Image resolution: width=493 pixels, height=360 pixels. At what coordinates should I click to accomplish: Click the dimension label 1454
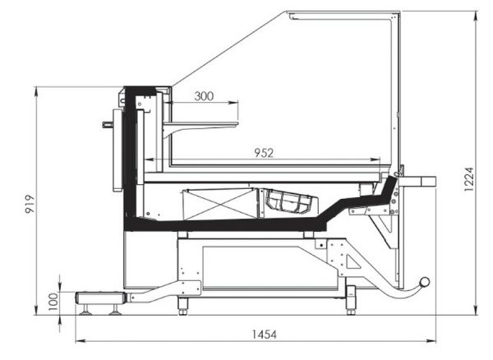(265, 335)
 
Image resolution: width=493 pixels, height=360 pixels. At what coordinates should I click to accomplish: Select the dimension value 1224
(469, 179)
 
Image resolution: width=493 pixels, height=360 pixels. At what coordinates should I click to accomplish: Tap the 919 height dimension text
(30, 204)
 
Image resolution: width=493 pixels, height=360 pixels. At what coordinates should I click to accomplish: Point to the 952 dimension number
(264, 153)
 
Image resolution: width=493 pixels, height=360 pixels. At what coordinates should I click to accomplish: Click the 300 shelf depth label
(204, 96)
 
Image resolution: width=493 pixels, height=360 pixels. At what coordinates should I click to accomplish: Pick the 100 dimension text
(53, 301)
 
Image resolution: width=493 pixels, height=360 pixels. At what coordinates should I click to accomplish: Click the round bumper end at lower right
(425, 281)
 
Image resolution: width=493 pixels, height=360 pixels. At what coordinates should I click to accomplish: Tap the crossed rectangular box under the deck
(219, 204)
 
